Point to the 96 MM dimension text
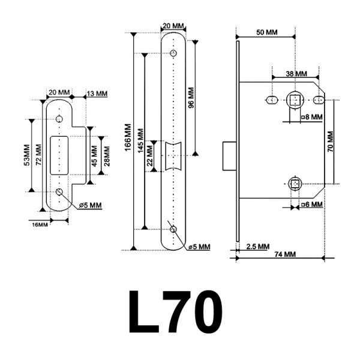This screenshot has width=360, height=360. pos(191,97)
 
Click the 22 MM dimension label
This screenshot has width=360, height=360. pos(150,155)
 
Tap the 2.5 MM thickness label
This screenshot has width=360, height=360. pos(257,247)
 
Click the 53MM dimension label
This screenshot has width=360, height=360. pos(27,155)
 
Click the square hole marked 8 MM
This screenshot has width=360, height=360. pos(295,98)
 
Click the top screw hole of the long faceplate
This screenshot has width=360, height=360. pos(173,54)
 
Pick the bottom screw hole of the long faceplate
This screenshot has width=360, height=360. pos(173,230)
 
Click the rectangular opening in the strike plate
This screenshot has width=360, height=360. pos(61,155)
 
